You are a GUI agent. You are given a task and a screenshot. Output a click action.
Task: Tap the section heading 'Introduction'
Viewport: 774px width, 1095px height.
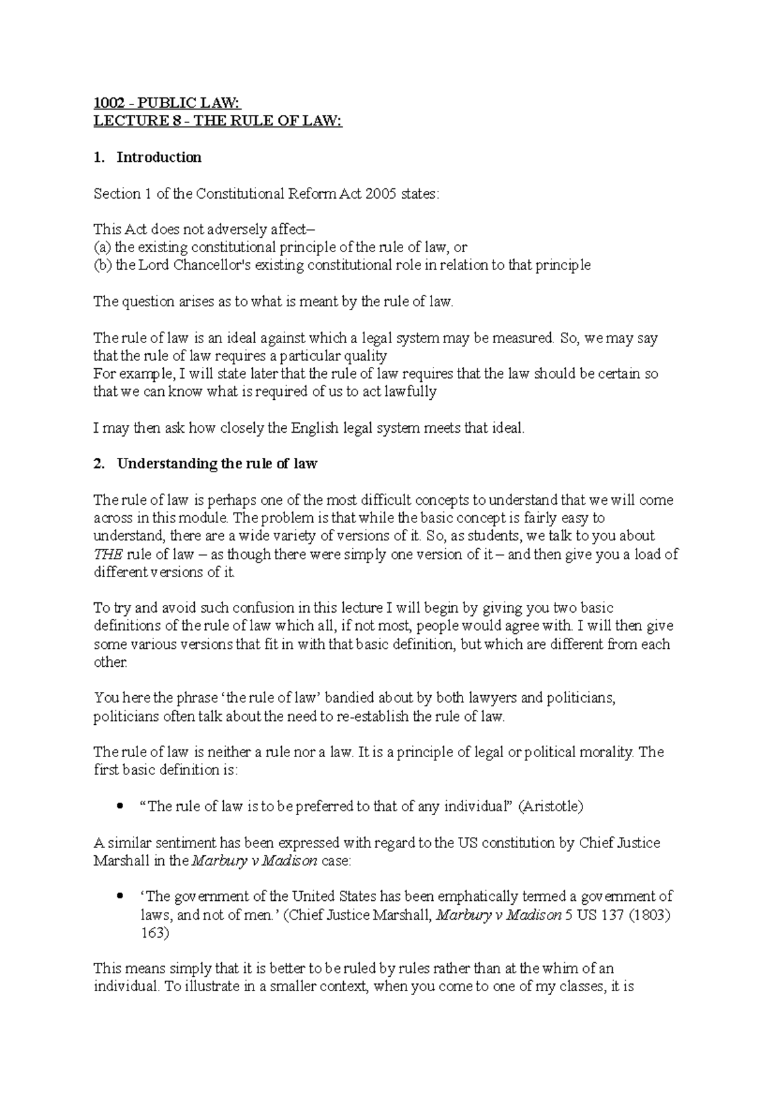pyautogui.click(x=159, y=157)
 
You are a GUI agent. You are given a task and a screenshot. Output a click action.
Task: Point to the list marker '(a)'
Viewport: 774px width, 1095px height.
pyautogui.click(x=102, y=247)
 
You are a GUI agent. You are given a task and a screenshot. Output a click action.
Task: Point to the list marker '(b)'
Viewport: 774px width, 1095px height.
pyautogui.click(x=103, y=265)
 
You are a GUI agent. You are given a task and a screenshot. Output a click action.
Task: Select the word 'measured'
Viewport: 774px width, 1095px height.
pyautogui.click(x=522, y=338)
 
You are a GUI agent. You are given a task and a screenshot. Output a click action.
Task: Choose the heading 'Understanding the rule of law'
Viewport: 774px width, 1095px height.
pyautogui.click(x=217, y=464)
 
